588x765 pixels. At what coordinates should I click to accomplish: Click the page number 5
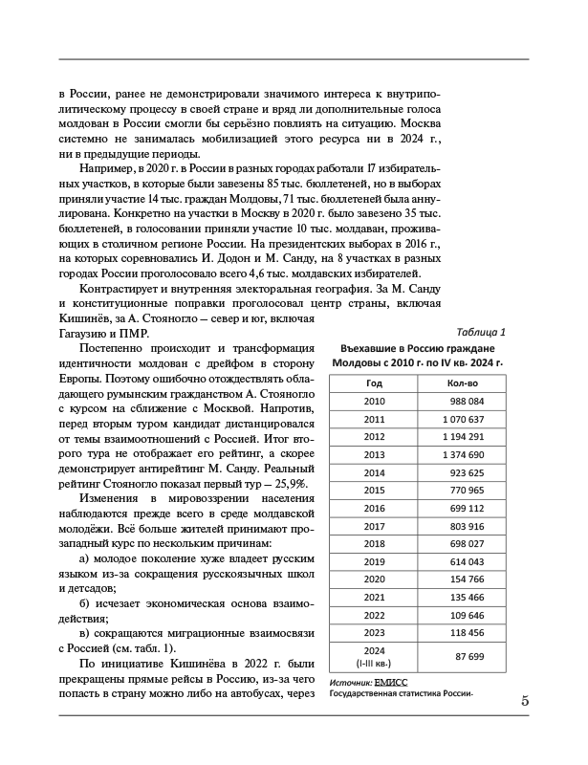[x=525, y=701]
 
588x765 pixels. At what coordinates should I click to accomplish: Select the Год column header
[x=374, y=382]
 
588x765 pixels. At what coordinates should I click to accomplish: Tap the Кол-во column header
[x=462, y=382]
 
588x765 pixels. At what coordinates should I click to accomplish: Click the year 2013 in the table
[x=374, y=455]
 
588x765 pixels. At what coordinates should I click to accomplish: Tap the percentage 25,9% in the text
[x=287, y=486]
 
